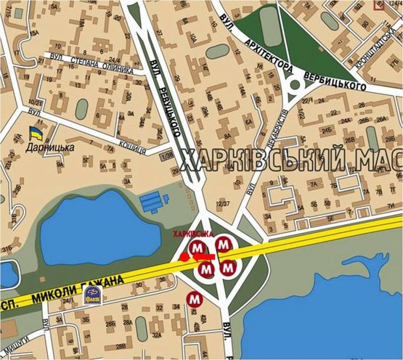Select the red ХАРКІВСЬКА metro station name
[x=192, y=234]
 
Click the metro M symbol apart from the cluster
[x=194, y=297]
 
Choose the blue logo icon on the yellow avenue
[x=92, y=293]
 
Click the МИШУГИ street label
[x=17, y=351]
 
